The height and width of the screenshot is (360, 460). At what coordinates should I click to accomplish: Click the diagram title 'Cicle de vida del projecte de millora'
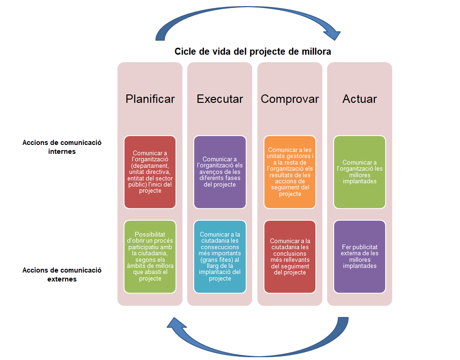click(253, 51)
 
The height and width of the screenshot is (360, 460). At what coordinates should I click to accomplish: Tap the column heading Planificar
click(150, 99)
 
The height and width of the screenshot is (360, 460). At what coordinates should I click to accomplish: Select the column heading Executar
click(220, 99)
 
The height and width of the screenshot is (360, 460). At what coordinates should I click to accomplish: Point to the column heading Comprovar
click(290, 99)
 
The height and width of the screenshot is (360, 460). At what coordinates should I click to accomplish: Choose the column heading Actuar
click(359, 99)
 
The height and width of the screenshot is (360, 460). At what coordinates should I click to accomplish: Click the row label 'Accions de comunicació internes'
click(62, 147)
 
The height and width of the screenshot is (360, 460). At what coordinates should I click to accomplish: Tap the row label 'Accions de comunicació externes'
click(62, 274)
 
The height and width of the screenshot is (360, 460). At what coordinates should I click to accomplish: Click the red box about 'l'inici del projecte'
click(150, 172)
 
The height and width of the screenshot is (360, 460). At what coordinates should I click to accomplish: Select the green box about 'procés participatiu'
click(150, 256)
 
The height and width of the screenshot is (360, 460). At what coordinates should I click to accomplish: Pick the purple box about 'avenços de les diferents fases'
click(220, 172)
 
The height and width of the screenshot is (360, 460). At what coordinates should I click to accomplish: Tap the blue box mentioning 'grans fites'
click(220, 256)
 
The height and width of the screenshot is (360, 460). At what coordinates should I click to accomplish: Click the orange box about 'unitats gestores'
click(290, 172)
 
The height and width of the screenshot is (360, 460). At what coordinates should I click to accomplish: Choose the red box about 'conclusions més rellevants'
click(290, 256)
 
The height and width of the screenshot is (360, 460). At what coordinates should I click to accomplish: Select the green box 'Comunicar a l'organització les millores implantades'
click(359, 172)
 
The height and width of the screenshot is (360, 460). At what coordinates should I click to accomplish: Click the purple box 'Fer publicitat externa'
click(359, 256)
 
